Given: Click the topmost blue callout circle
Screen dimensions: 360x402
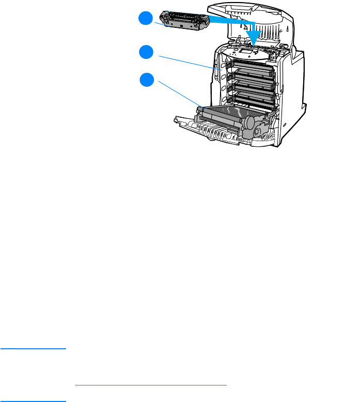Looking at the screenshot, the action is pyautogui.click(x=146, y=19).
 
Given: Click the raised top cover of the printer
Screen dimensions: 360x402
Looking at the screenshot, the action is pyautogui.click(x=269, y=21).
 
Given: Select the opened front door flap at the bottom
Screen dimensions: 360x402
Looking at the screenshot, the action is pyautogui.click(x=207, y=132).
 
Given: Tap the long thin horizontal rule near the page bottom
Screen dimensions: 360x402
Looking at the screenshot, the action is pyautogui.click(x=151, y=385).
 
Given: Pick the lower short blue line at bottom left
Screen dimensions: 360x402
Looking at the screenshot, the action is pyautogui.click(x=34, y=400).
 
